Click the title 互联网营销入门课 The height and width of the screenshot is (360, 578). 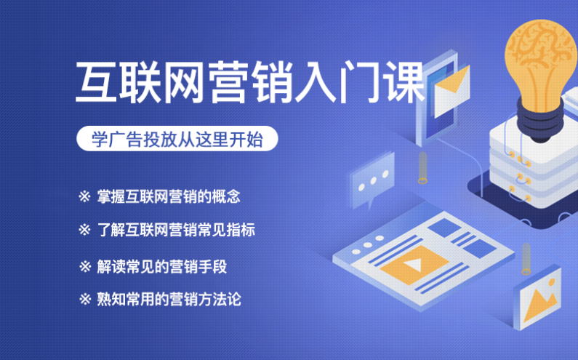tap(249, 81)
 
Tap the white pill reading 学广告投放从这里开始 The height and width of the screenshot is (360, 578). tap(177, 139)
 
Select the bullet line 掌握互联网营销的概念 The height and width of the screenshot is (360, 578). tap(159, 196)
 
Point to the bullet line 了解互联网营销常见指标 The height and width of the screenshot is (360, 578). tap(166, 230)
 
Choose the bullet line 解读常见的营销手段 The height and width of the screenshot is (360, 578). tap(153, 266)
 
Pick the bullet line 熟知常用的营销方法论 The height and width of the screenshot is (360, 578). tap(160, 299)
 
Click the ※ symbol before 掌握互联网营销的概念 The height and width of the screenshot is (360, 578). tap(84, 196)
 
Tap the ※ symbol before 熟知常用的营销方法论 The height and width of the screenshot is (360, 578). tap(85, 299)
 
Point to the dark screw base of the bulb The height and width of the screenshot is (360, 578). tap(540, 120)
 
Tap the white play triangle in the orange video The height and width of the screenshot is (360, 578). tap(414, 264)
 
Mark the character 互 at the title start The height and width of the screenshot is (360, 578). tap(96, 81)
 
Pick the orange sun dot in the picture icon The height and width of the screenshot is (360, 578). tap(551, 282)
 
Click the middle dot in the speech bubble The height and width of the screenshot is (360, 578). tap(374, 181)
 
